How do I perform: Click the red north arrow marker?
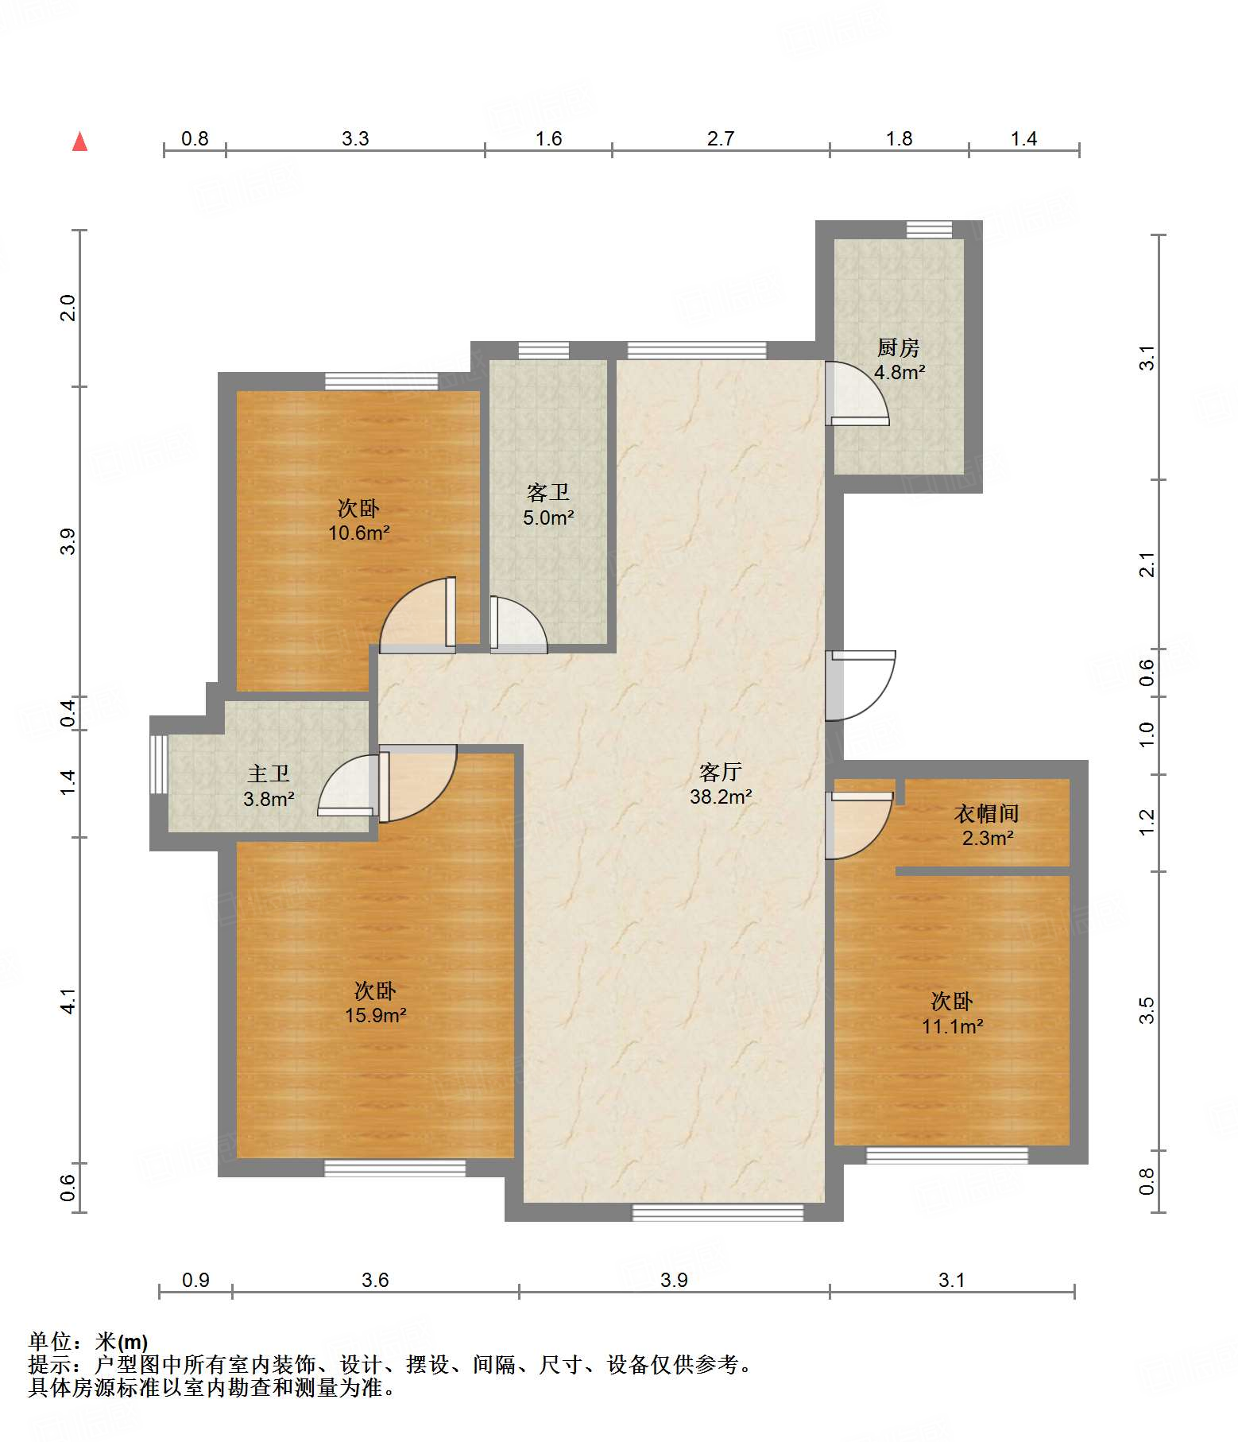[80, 141]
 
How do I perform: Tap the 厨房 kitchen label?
[899, 347]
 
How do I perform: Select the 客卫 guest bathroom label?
[548, 493]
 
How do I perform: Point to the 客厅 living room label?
[721, 772]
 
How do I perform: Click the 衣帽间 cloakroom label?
[987, 813]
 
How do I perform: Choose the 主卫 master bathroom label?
[269, 773]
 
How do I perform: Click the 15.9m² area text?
[376, 1015]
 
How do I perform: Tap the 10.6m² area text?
[359, 533]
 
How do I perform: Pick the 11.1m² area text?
[953, 1026]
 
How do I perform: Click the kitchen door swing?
[857, 393]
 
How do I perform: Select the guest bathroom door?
[518, 625]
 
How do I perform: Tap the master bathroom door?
[348, 785]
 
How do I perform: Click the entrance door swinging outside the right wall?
[861, 686]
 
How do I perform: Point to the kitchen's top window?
[930, 230]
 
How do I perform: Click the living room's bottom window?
[718, 1212]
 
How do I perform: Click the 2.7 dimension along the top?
[721, 139]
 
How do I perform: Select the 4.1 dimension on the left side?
[68, 1001]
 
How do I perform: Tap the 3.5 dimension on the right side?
[1146, 1010]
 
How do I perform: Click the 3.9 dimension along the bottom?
[674, 1280]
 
